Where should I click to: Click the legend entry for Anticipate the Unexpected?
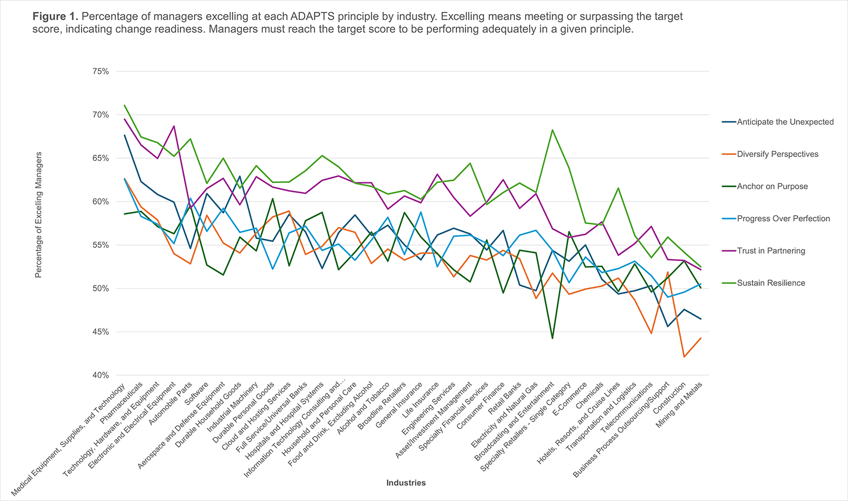click(x=785, y=122)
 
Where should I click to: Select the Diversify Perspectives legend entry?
click(x=777, y=154)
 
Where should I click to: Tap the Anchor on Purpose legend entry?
click(x=772, y=186)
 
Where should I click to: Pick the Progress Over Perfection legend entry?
click(x=784, y=219)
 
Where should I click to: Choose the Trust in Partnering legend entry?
click(x=771, y=251)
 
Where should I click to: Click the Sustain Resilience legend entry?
click(x=771, y=283)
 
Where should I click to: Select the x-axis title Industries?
click(x=406, y=483)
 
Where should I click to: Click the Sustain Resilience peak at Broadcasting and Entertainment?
click(x=552, y=130)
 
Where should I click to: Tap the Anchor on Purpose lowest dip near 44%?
click(x=552, y=338)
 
